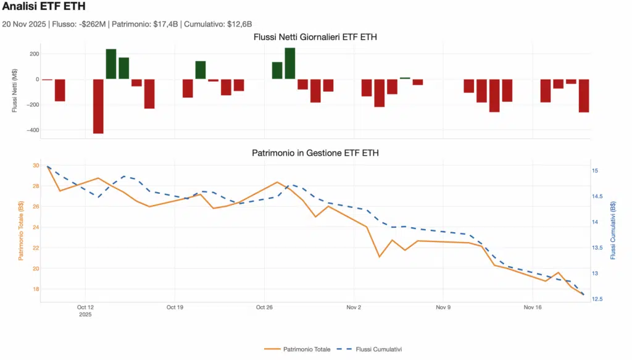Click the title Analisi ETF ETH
coord(44,7)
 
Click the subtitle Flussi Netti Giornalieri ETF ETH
coord(315,38)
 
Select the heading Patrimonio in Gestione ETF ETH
coord(315,153)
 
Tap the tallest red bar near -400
coord(98,106)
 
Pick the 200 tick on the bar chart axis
coord(33,54)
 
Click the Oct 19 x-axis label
coord(175,307)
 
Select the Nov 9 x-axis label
coord(443,307)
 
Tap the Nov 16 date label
coord(533,307)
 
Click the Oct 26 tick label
coord(264,307)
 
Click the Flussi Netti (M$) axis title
coord(15,91)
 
